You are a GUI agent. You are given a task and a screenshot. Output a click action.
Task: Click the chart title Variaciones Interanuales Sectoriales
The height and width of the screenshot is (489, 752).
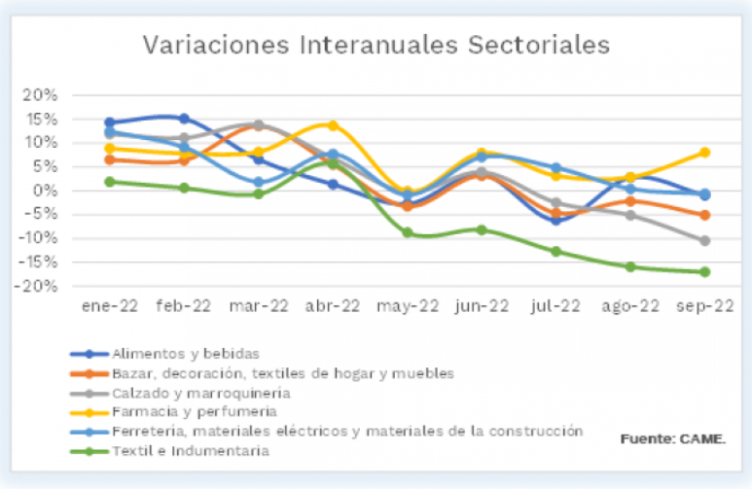click(x=376, y=46)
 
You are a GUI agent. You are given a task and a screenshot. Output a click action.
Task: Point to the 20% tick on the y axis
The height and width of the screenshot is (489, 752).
click(x=41, y=95)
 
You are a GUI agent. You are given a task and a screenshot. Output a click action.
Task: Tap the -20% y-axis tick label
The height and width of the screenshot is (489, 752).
click(x=38, y=286)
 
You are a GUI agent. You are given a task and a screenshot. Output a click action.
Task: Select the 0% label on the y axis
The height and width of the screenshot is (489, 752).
click(x=47, y=191)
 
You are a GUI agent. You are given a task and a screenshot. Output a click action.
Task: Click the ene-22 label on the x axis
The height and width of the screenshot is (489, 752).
click(x=109, y=306)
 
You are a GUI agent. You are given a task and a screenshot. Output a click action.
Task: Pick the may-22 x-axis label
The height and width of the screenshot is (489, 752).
click(x=408, y=306)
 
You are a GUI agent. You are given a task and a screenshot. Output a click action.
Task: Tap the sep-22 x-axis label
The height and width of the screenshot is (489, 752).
click(x=705, y=306)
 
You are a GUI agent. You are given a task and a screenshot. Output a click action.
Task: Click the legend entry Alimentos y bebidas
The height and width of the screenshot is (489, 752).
click(x=176, y=353)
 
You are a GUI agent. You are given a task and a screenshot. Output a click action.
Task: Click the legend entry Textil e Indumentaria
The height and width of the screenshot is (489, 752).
click(x=190, y=451)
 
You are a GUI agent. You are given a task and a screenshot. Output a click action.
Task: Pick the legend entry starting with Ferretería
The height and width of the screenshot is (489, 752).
click(x=346, y=431)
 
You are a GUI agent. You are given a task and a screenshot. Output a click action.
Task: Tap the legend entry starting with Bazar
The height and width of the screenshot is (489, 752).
click(x=282, y=372)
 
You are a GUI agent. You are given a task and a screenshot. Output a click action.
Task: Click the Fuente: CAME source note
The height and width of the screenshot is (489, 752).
click(x=672, y=439)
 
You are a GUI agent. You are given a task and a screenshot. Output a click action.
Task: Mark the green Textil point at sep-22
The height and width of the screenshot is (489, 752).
click(x=704, y=272)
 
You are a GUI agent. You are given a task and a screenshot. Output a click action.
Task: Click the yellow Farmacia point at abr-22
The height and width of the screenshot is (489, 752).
click(x=333, y=125)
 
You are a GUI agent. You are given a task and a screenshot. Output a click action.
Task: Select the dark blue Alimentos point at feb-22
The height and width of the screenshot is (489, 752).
click(x=184, y=119)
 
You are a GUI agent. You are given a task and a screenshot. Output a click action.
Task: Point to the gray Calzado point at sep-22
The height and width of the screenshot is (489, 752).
click(x=704, y=240)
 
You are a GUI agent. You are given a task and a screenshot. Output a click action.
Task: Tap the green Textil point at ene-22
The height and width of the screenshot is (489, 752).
click(x=110, y=182)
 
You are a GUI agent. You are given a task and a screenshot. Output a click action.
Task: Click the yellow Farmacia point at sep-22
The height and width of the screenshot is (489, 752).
click(x=704, y=153)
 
